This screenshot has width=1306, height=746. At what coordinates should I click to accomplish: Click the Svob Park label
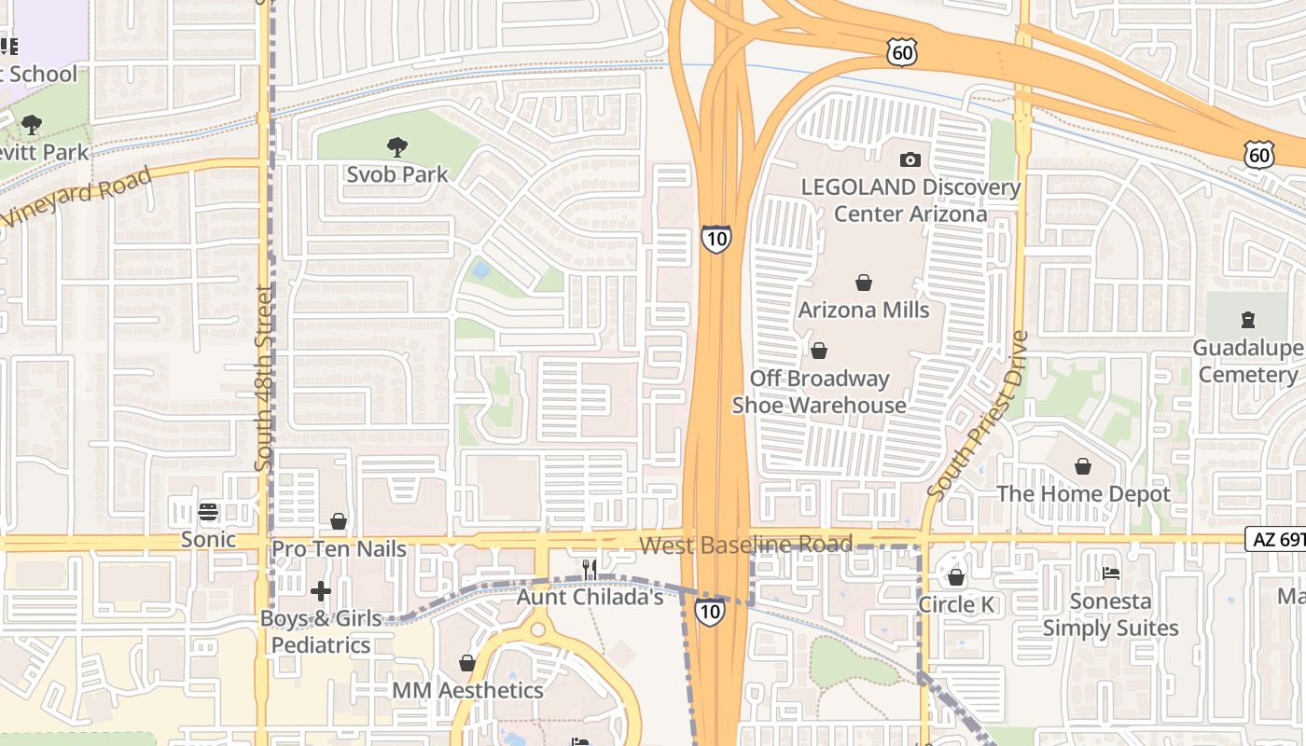[x=397, y=174]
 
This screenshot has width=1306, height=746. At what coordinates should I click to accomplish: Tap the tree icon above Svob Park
[x=397, y=146]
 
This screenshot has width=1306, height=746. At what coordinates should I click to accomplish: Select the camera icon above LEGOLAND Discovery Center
[x=910, y=159]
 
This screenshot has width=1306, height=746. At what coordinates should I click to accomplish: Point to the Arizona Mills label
[x=864, y=310]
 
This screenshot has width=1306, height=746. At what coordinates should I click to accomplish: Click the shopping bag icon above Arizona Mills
[x=864, y=283]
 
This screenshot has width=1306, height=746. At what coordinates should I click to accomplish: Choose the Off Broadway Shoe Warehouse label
[x=818, y=392]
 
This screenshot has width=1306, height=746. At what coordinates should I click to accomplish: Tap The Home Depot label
[x=1083, y=493]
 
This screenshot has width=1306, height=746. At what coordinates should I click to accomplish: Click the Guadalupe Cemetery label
[x=1248, y=362]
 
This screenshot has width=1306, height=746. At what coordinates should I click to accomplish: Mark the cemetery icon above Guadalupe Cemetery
[x=1248, y=320]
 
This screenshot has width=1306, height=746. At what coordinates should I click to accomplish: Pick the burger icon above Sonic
[x=208, y=512]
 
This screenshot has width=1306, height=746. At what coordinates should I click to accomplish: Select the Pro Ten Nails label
[x=339, y=549]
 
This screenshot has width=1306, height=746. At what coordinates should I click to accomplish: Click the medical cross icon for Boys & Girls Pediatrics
[x=321, y=591]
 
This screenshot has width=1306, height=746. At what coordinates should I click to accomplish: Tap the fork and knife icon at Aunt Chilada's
[x=590, y=569]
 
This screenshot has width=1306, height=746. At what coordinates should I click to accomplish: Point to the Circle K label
[x=956, y=605]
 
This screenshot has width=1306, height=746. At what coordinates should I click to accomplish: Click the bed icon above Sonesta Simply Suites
[x=1110, y=573]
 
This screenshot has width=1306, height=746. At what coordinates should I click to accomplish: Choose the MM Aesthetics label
[x=467, y=690]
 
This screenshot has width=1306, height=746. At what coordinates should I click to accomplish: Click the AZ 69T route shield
[x=1274, y=539]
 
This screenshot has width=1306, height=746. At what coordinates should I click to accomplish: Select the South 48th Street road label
[x=264, y=378]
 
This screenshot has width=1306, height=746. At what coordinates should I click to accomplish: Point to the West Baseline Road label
[x=745, y=545]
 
